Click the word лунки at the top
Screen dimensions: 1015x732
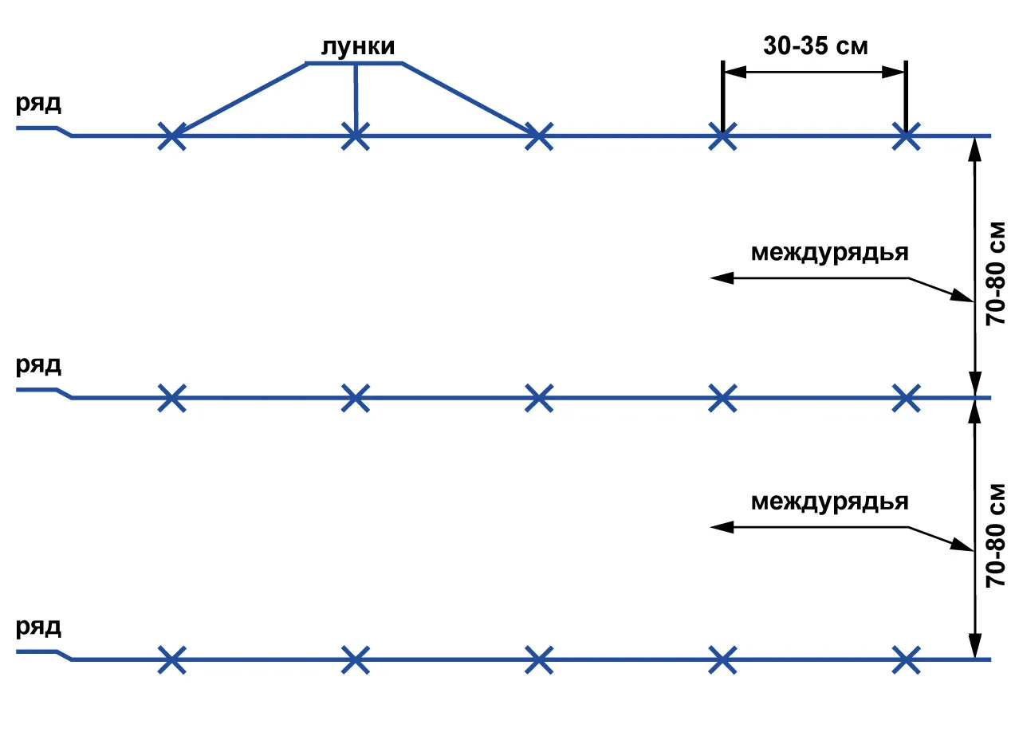358,47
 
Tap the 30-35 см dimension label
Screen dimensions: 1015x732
816,45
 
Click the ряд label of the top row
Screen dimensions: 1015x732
38,104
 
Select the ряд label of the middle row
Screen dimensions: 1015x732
38,365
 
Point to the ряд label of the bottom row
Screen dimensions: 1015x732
38,628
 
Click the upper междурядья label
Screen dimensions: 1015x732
830,254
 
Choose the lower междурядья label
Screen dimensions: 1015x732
830,502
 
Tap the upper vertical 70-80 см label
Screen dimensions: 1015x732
996,274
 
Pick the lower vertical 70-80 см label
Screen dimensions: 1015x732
996,536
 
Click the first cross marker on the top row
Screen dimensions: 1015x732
171,136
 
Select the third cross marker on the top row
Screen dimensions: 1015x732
539,136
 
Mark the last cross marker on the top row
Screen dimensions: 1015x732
906,136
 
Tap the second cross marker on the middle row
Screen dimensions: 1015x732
356,398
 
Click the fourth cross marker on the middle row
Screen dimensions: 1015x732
722,398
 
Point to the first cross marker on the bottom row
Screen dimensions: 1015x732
171,660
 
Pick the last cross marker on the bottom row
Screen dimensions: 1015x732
906,660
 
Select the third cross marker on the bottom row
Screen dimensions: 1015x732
539,660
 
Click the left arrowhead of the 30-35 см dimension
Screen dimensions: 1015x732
735,72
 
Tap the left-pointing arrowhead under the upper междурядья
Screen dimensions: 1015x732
722,277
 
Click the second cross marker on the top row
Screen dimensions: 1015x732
356,136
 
